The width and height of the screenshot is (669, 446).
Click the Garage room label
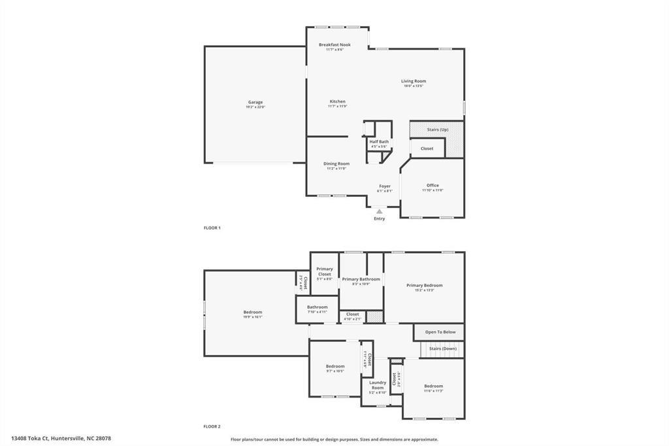coord(255,102)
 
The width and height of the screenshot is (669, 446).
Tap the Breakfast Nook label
coord(334,45)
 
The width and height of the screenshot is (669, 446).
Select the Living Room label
coord(414,81)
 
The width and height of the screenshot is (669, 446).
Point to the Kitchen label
coord(338,101)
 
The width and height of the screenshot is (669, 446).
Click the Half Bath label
coord(379,142)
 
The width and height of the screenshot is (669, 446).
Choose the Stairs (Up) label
coord(438,129)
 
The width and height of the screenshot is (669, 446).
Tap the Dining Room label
coord(336,163)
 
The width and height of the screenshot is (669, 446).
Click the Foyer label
coord(385,186)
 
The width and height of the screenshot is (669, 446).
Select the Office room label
coord(432,185)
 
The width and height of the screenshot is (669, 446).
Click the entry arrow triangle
coord(380,211)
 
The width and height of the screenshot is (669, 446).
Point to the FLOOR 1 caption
coord(212,228)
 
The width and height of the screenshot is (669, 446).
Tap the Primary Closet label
coord(325,271)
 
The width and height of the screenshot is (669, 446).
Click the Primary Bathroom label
coord(361,279)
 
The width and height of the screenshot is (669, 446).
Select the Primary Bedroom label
coord(424,285)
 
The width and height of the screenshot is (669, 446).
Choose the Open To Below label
coord(440,332)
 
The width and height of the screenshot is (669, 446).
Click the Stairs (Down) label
coord(443,349)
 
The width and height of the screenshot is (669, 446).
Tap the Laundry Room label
coord(378,385)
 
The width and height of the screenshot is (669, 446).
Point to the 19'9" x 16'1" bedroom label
coord(253,313)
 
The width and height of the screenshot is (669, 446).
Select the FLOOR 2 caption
coord(212,426)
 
